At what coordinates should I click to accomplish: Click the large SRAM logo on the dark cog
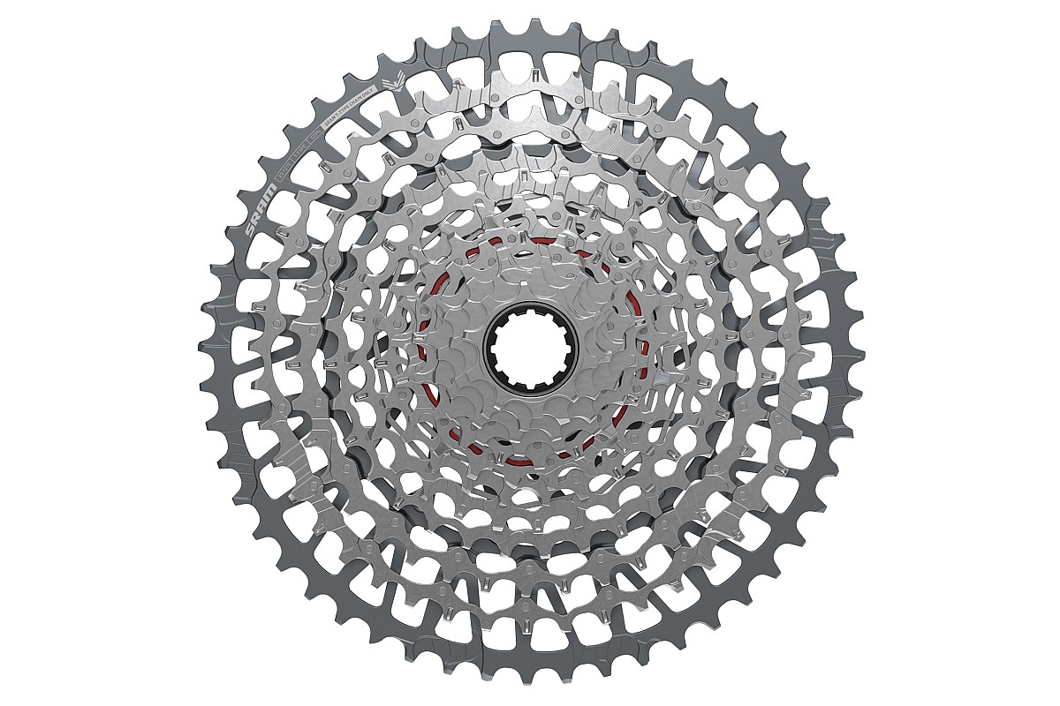[261, 210]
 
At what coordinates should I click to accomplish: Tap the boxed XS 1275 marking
[284, 172]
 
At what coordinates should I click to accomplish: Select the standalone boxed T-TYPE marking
[300, 152]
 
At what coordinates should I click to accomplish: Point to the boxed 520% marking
[315, 136]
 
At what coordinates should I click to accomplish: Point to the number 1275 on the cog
[286, 169]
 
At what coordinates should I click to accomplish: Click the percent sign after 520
[319, 131]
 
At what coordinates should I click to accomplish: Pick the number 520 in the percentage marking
[314, 137]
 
